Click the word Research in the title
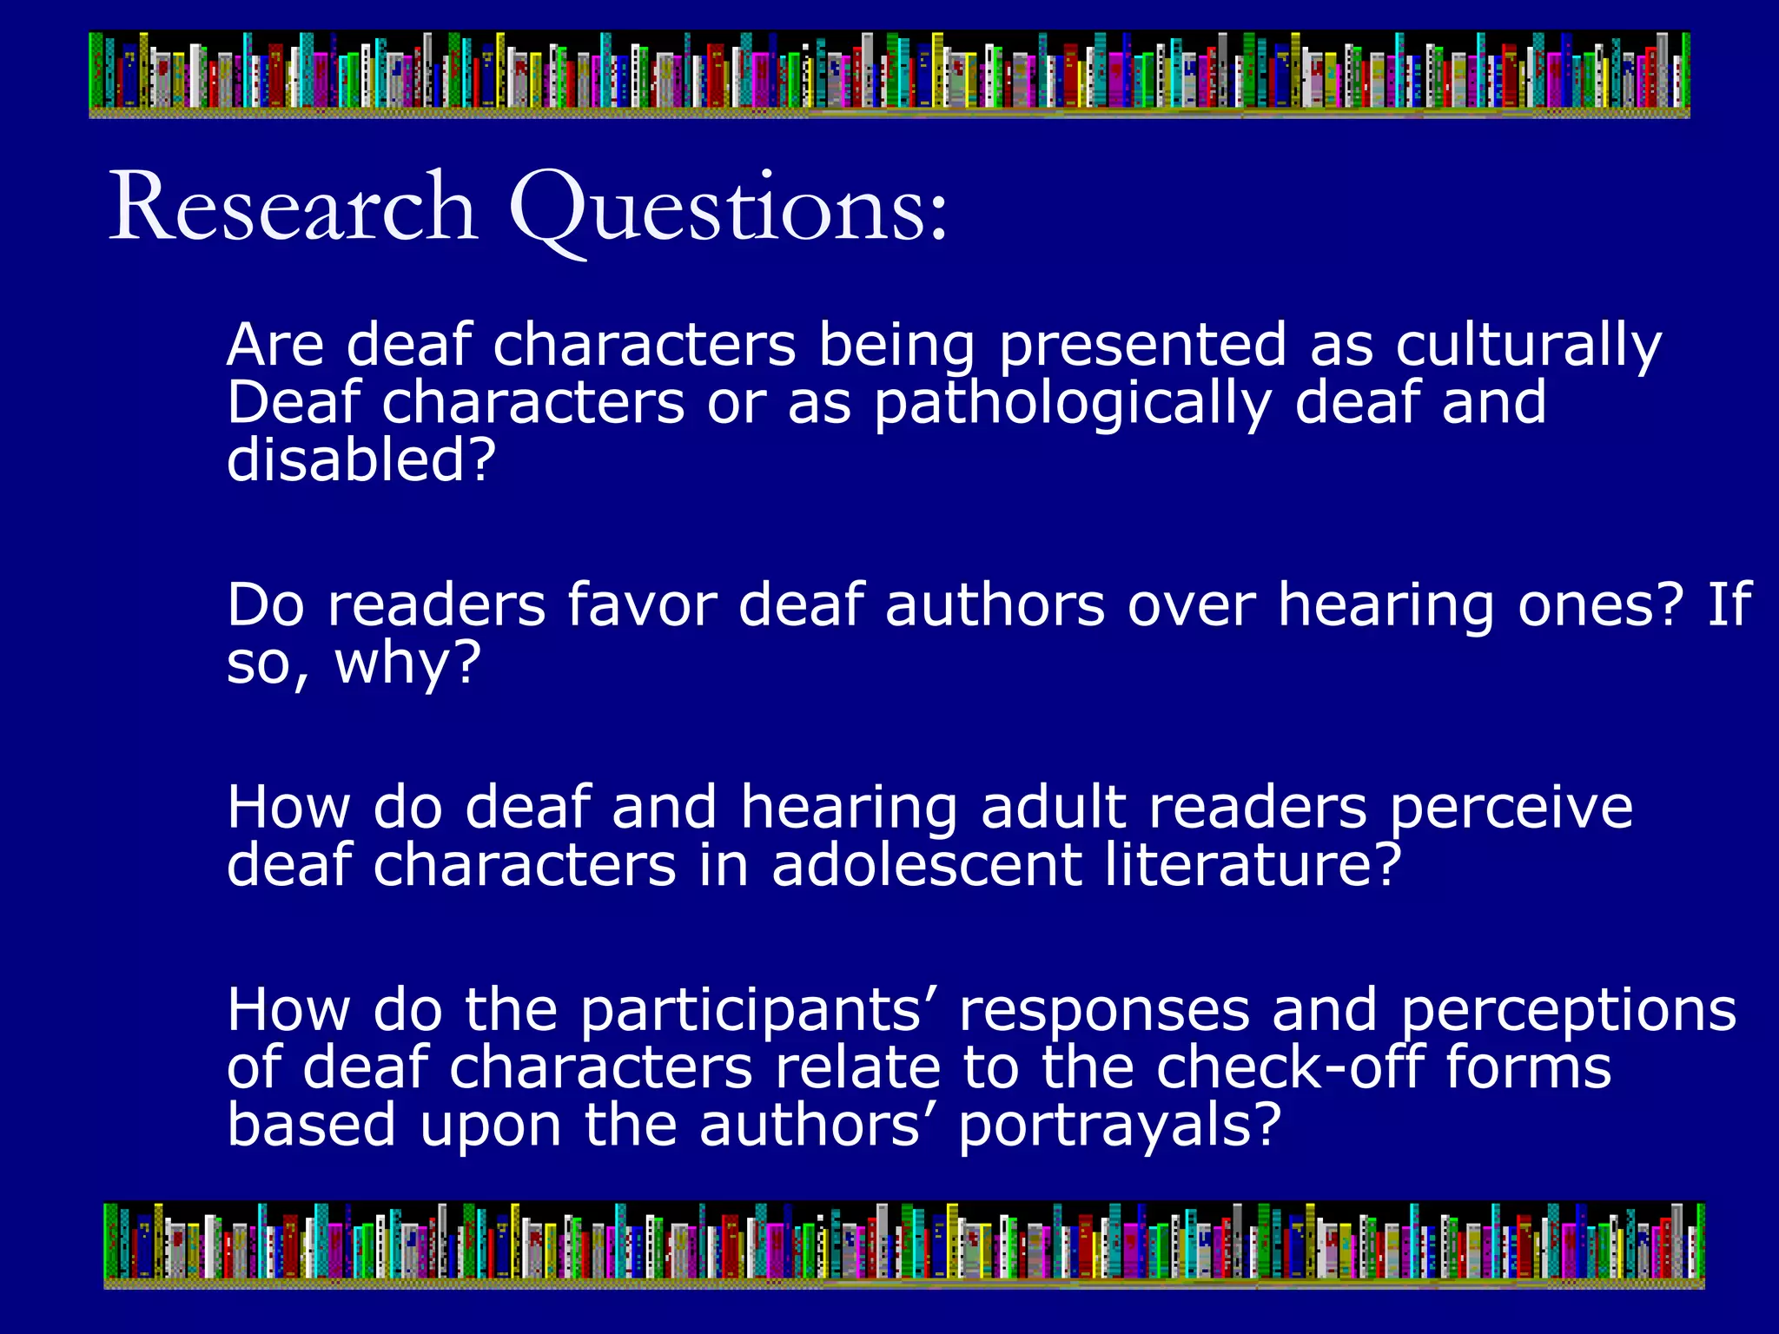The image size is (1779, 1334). click(x=293, y=208)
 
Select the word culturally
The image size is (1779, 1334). click(x=1528, y=346)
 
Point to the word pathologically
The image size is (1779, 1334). click(x=1072, y=404)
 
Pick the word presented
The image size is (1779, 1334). click(x=1141, y=346)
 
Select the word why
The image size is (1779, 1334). click(x=407, y=664)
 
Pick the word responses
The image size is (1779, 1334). click(x=1104, y=1011)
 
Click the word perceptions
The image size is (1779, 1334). click(x=1568, y=1011)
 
